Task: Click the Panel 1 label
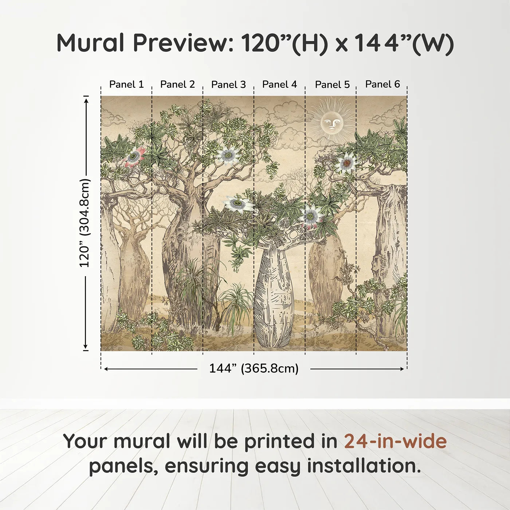pos(126,85)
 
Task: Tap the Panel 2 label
pos(177,85)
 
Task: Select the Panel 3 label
pos(228,85)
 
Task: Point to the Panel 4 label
pos(279,85)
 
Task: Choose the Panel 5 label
pos(332,85)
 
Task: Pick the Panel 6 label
pos(382,84)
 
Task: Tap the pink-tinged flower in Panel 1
pos(134,156)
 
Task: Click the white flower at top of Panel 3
pos(228,156)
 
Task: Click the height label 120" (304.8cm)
pos(85,223)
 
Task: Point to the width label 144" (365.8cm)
pos(254,368)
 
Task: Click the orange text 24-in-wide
pos(395,441)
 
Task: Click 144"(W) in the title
pos(404,43)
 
